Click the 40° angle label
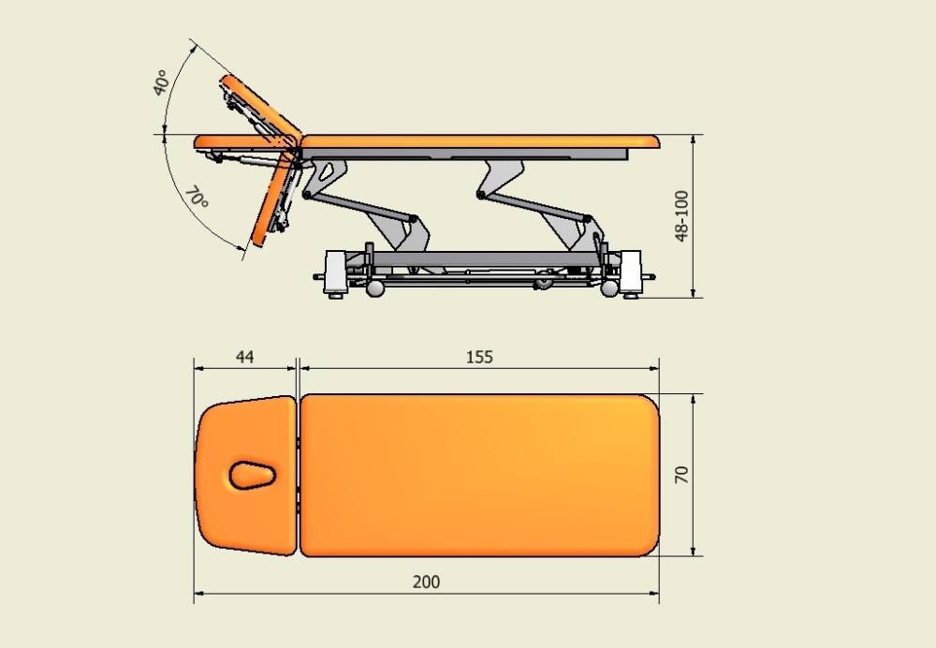(160, 82)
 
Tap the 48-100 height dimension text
(681, 216)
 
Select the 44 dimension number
(244, 357)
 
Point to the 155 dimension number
(479, 357)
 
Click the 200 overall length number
(426, 582)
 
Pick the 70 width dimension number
(681, 475)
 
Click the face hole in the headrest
(252, 475)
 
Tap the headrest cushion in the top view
(245, 475)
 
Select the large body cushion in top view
(479, 476)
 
